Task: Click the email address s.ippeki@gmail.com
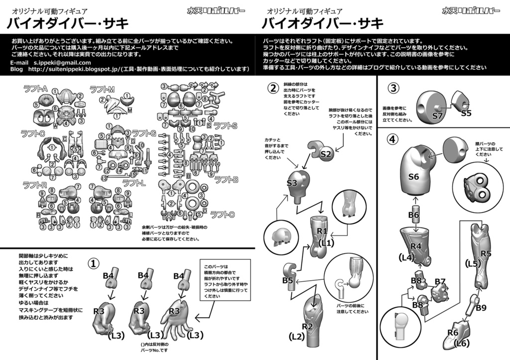[x=62, y=63]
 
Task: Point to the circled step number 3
[x=393, y=88]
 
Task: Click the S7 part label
[x=438, y=116]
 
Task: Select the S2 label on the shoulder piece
[x=326, y=154]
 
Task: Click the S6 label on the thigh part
[x=414, y=176]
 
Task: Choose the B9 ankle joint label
[x=481, y=308]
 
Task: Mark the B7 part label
[x=440, y=281]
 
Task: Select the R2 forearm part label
[x=307, y=327]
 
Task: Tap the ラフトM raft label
[x=102, y=89]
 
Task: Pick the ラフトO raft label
[x=222, y=215]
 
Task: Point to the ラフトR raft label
[x=34, y=185]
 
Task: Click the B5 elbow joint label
[x=287, y=280]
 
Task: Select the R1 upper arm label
[x=322, y=231]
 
